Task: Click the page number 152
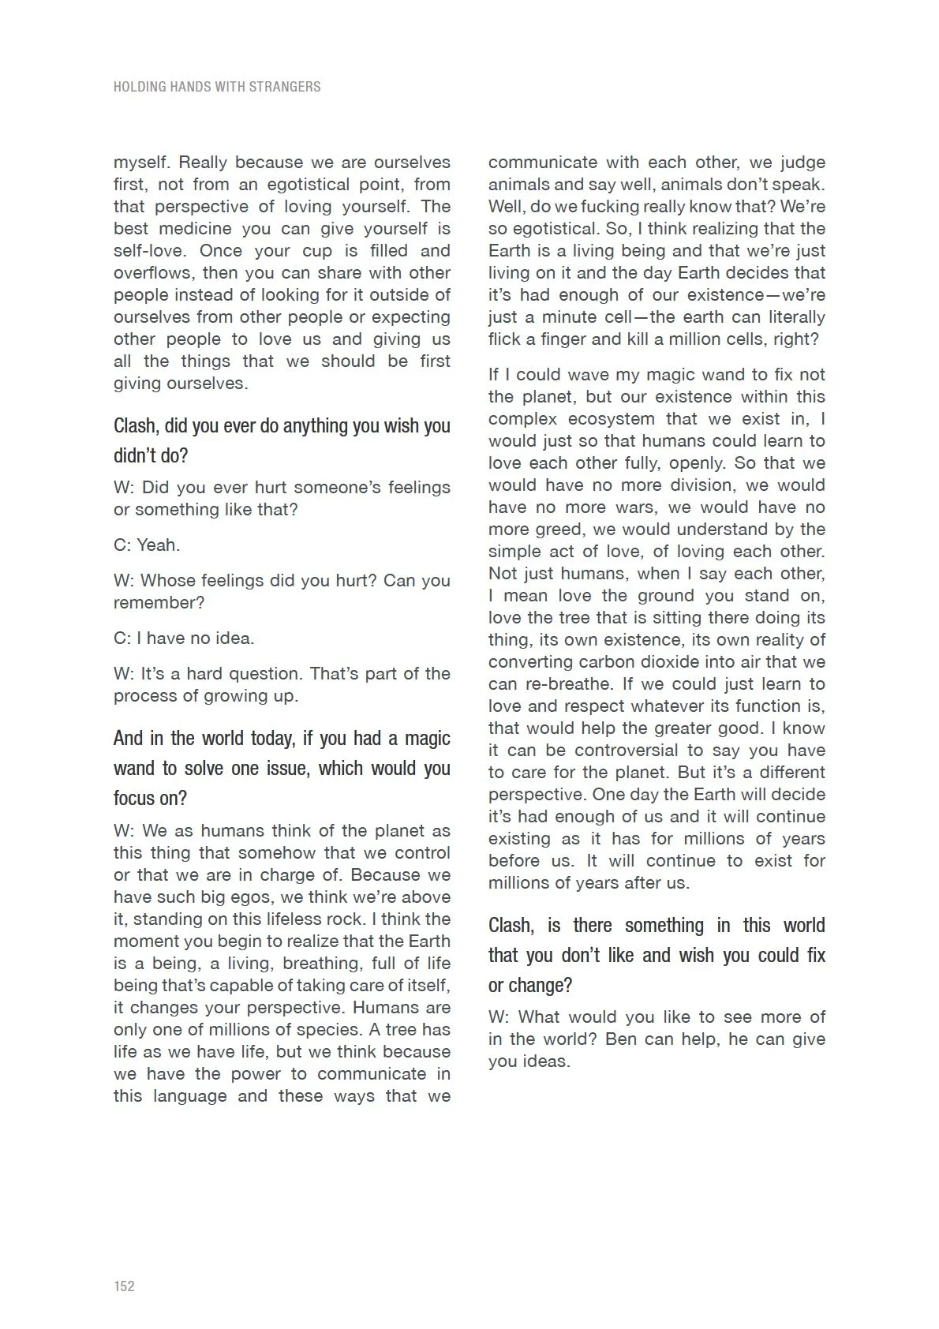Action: [124, 1286]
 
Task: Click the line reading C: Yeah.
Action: [147, 545]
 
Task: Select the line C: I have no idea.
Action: [184, 638]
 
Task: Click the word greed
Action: [541, 530]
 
